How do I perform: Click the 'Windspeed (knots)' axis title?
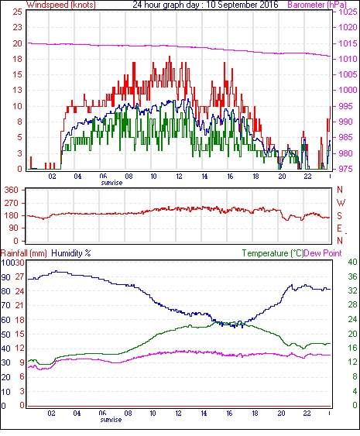coord(61,5)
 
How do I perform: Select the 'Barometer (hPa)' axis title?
coord(317,5)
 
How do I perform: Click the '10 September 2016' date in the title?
coord(242,5)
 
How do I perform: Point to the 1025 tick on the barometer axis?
coord(348,12)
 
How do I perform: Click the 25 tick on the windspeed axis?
coord(18,12)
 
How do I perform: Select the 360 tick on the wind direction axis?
coord(12,191)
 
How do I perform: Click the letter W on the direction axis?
coord(341,203)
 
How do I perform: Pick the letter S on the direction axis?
coord(340,215)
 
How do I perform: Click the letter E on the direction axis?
coord(339,228)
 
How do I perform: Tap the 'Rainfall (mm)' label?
coord(24,253)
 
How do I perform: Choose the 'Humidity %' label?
coord(71,253)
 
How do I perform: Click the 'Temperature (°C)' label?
coord(273,253)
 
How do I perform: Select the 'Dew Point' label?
coord(323,253)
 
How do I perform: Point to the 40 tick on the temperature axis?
coord(352,262)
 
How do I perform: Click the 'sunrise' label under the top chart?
coord(111,183)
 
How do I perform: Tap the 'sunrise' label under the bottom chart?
coord(111,419)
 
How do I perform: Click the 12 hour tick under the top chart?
coord(179,177)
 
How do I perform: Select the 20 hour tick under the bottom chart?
coord(281,414)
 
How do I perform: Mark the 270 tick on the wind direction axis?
coord(12,203)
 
